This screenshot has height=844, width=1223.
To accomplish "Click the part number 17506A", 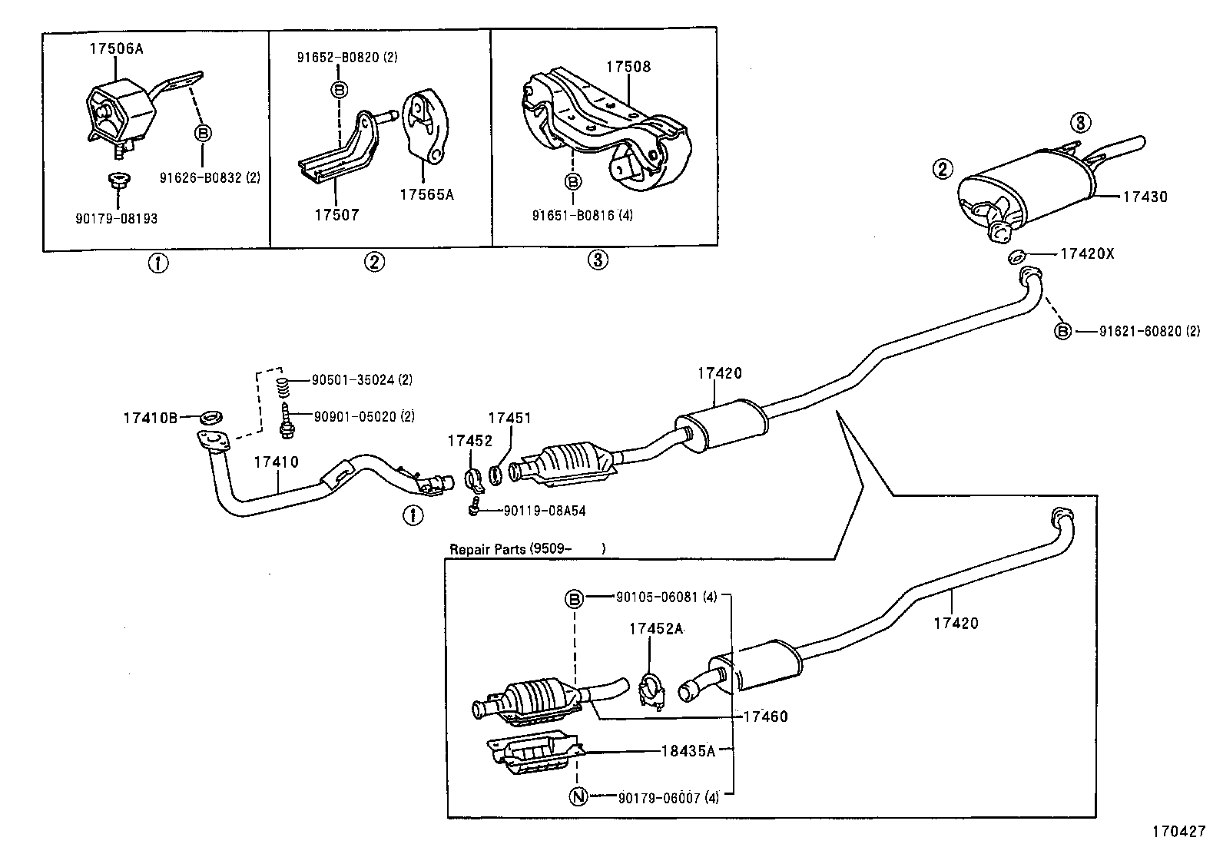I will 116,48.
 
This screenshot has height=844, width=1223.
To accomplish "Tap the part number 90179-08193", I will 116,219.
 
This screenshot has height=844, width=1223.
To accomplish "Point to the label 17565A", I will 426,195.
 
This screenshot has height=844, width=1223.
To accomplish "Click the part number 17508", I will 628,67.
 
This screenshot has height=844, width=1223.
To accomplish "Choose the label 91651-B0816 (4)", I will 582,216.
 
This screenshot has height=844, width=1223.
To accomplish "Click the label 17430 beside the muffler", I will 1145,197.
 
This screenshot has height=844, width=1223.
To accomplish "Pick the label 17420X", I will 1087,253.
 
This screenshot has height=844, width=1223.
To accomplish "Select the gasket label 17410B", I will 151,418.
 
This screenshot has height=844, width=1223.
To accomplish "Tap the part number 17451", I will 509,418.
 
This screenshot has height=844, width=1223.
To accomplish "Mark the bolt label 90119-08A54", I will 545,511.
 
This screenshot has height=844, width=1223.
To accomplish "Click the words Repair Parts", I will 488,549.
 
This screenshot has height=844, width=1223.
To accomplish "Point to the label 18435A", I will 688,751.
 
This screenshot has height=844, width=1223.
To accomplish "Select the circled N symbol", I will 578,797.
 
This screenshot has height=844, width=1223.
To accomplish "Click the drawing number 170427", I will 1178,832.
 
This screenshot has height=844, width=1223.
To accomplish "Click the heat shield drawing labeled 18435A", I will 534,753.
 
